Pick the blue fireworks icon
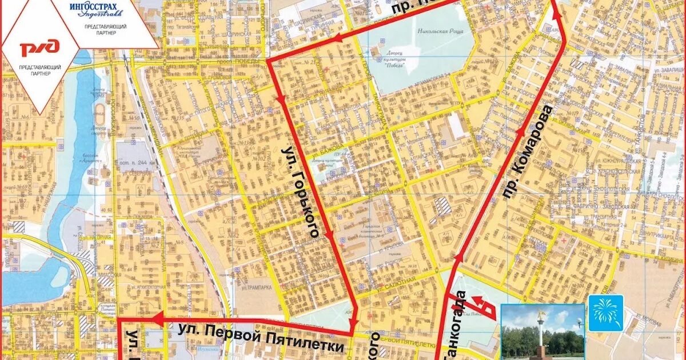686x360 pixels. pos(605,313)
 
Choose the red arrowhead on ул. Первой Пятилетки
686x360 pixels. pos(158,316)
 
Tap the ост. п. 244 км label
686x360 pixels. pos(135,162)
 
